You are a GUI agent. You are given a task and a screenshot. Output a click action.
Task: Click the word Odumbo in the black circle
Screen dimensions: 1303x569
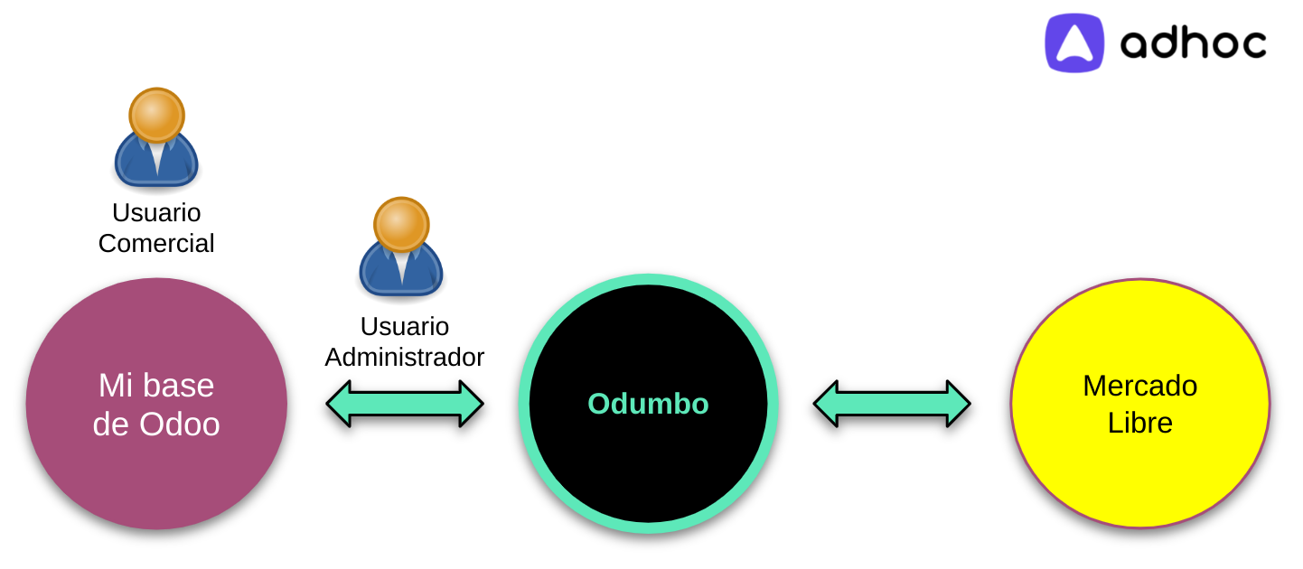pos(648,404)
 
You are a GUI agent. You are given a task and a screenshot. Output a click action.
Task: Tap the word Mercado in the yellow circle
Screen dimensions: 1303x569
pos(1140,386)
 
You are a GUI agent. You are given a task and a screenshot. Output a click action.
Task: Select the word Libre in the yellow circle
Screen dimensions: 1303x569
pos(1140,423)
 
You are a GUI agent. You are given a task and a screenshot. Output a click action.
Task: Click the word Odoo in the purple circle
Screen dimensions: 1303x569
pos(180,424)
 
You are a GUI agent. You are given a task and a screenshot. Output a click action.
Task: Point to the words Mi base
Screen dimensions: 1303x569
pos(156,386)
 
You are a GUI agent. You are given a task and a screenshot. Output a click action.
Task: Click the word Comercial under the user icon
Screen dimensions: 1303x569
pos(156,243)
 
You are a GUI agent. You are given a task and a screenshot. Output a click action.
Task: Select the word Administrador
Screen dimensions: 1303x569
pos(404,357)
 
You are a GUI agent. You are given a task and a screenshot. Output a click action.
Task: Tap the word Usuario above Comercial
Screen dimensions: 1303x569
pos(156,213)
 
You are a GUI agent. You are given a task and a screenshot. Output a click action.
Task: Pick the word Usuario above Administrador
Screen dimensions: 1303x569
pos(404,327)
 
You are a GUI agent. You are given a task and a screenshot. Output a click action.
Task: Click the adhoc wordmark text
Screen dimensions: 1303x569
pos(1193,43)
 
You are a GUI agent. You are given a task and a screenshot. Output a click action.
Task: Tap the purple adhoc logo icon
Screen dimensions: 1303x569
pos(1074,42)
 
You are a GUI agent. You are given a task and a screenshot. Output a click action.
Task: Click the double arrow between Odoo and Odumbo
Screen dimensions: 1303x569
pos(405,404)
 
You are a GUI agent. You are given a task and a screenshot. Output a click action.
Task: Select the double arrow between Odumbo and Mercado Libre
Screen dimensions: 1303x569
pos(892,404)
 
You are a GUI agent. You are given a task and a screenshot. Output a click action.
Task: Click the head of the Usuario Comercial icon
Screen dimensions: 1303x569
pos(156,115)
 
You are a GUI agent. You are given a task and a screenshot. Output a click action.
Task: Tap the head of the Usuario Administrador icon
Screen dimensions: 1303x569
pos(401,224)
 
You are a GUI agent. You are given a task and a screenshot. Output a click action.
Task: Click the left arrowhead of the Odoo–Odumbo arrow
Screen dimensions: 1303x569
pos(339,404)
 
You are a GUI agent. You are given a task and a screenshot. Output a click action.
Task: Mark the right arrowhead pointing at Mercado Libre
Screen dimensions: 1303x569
pos(959,404)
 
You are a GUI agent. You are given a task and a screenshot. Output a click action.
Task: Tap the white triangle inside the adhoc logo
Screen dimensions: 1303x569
pos(1074,43)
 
